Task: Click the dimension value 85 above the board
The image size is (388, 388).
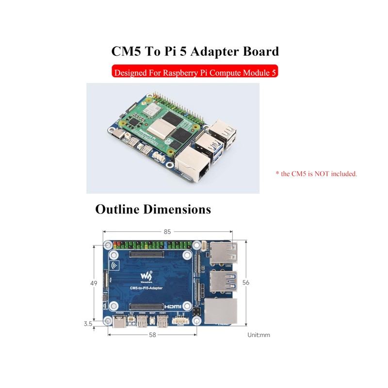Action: [x=167, y=232]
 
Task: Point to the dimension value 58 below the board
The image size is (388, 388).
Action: [x=153, y=335]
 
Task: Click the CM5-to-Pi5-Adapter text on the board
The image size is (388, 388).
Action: [x=146, y=288]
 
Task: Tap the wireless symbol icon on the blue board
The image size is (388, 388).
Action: [x=114, y=265]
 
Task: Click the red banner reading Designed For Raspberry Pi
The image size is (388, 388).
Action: [x=195, y=73]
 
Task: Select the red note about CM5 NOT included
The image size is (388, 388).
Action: [x=316, y=173]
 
